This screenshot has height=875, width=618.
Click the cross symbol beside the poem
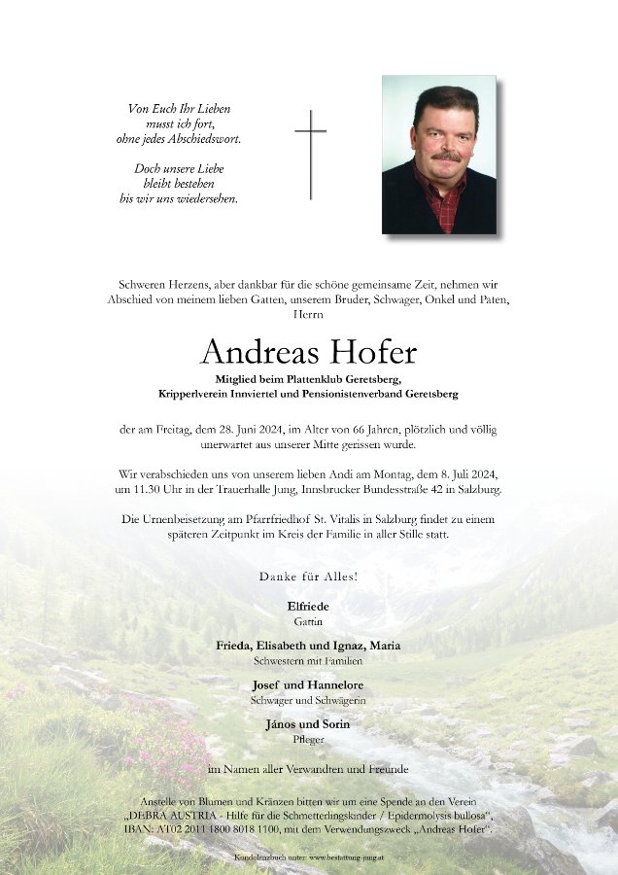click(310, 153)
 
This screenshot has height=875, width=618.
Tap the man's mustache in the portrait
click(446, 156)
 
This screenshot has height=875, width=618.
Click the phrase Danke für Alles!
click(308, 577)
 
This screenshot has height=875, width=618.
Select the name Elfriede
click(308, 606)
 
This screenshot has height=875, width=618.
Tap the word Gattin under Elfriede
click(308, 620)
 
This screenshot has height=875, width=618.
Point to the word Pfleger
click(308, 739)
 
